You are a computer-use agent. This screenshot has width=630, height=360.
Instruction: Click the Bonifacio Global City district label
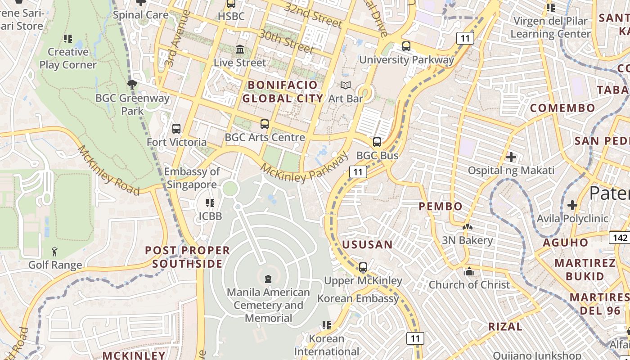283,91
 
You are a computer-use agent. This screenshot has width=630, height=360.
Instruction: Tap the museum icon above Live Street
240,49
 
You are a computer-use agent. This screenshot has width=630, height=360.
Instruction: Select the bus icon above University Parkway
406,46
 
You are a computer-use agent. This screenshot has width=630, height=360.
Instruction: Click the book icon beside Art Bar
345,85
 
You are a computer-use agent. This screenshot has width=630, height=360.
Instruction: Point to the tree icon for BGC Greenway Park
132,84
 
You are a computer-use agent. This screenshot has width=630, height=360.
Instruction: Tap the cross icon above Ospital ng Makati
511,157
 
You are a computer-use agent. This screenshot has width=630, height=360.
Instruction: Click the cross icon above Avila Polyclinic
572,205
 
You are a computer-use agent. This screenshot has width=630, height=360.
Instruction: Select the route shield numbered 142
620,238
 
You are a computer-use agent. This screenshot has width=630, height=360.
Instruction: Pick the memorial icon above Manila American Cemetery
268,279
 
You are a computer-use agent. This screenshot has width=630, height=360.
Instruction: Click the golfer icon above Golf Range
54,251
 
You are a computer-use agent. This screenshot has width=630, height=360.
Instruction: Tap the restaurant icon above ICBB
210,203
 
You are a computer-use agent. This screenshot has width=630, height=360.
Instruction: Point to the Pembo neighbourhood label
441,207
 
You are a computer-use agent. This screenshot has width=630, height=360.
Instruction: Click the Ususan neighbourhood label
367,245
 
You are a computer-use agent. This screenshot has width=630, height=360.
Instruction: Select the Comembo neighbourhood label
562,108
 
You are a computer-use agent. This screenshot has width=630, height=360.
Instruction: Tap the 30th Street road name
286,41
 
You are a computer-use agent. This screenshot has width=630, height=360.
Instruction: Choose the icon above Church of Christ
469,271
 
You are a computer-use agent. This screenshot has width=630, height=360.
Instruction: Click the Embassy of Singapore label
192,178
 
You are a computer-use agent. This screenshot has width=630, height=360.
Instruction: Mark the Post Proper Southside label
187,257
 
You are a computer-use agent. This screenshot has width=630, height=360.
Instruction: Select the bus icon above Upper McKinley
363,267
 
